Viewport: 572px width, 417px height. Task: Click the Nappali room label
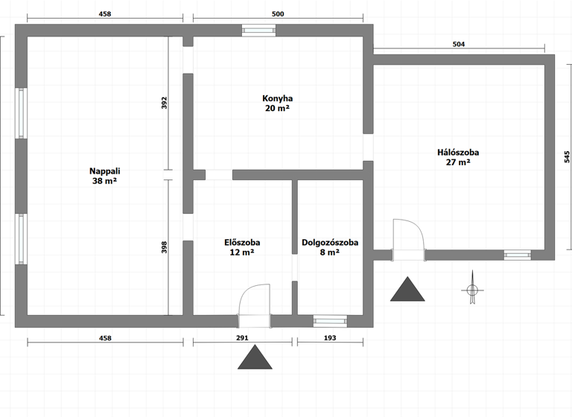104,171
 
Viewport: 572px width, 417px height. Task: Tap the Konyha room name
277,98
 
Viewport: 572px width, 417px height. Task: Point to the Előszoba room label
242,243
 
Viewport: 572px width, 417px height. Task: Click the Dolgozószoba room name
330,243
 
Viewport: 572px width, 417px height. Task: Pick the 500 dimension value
278,14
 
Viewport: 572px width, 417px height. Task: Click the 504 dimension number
459,45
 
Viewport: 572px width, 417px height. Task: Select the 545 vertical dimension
567,157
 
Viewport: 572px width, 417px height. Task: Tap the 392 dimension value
165,104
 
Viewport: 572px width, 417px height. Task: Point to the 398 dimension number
165,248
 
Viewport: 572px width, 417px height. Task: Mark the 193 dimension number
330,338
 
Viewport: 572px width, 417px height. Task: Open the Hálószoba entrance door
408,238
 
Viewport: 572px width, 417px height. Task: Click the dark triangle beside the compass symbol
407,290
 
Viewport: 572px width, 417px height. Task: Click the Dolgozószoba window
329,321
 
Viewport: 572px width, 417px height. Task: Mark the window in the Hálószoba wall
516,255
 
